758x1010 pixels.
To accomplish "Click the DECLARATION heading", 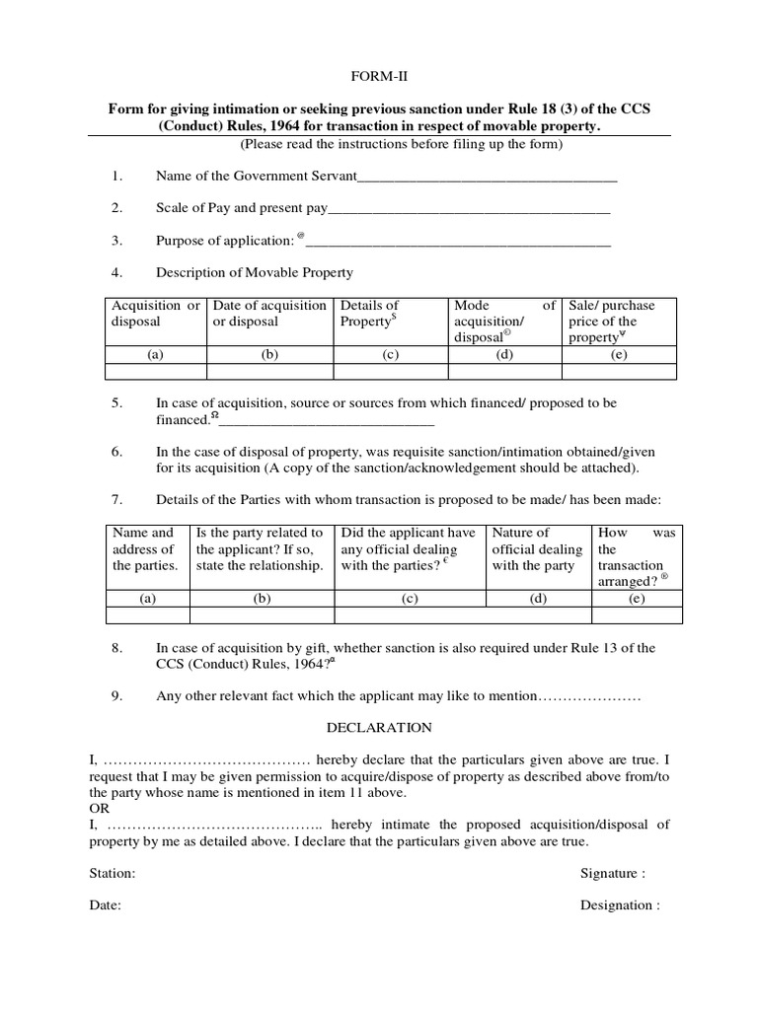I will pyautogui.click(x=380, y=728).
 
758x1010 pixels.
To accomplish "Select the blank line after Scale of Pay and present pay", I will pyautogui.click(x=468, y=210).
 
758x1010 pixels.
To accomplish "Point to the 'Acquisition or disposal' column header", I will pyautogui.click(x=155, y=314).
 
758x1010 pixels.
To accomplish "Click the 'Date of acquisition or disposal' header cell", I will pyautogui.click(x=269, y=314).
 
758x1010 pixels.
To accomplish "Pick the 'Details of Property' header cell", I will pyautogui.click(x=390, y=314).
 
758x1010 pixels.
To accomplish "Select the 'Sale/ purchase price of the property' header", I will pyautogui.click(x=620, y=322).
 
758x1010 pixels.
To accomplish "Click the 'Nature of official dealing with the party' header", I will pyautogui.click(x=537, y=549).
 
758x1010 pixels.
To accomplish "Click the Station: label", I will pyautogui.click(x=113, y=874).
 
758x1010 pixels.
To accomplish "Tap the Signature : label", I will pyautogui.click(x=613, y=874).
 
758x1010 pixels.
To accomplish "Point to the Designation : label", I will pyautogui.click(x=619, y=905).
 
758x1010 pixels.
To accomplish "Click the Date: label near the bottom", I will pyautogui.click(x=105, y=905).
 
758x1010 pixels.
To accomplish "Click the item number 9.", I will pyautogui.click(x=116, y=696).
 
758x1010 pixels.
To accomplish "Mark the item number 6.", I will pyautogui.click(x=116, y=451).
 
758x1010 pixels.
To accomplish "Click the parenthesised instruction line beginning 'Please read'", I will pyautogui.click(x=401, y=145).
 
